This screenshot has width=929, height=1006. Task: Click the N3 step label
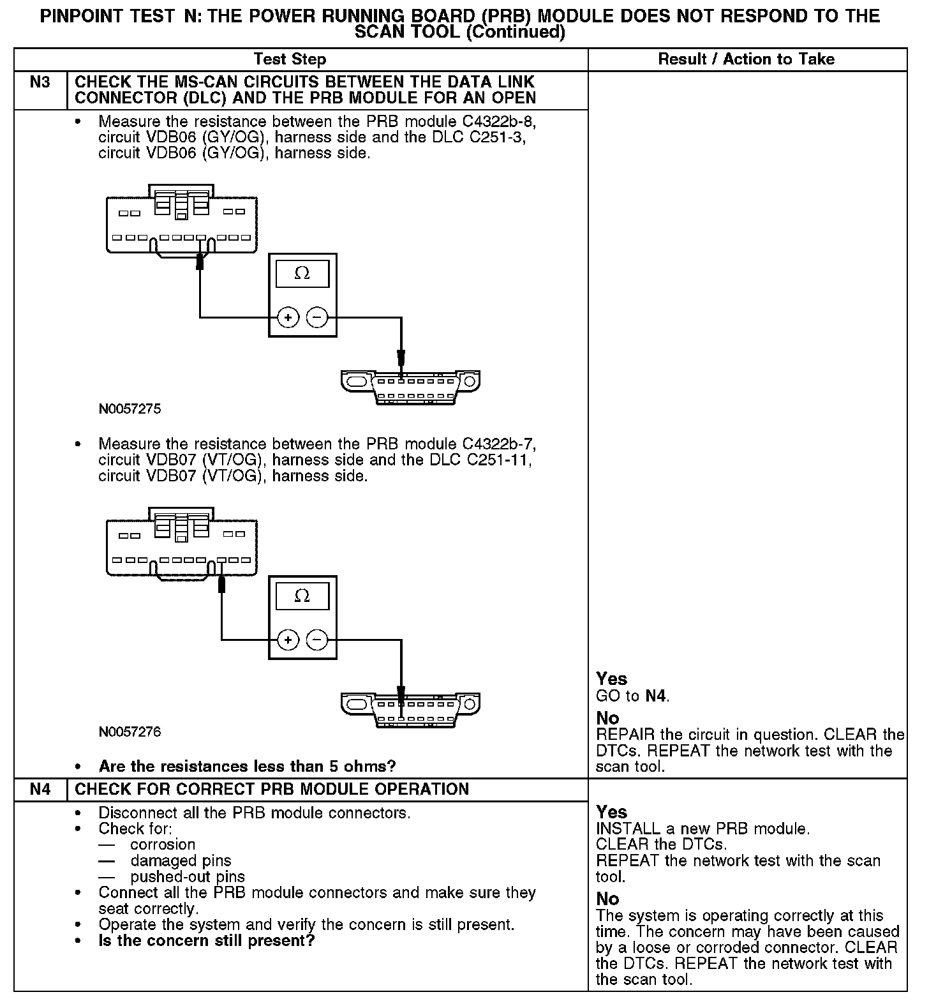[40, 82]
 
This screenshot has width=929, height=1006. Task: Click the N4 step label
[40, 789]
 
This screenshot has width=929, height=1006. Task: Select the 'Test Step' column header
[290, 59]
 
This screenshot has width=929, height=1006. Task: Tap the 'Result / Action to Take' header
[746, 59]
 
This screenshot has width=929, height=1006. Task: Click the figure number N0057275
[130, 409]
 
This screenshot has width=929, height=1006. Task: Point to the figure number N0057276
[130, 732]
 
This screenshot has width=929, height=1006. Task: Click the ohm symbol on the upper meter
[302, 274]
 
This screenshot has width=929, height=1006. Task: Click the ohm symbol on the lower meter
[302, 596]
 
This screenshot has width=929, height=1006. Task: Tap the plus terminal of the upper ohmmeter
[288, 317]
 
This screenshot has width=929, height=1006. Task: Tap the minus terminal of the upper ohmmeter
[317, 317]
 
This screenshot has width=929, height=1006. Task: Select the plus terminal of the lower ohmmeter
[288, 640]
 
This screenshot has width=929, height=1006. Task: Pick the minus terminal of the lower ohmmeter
[317, 640]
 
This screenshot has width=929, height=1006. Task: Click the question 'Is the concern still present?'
[207, 940]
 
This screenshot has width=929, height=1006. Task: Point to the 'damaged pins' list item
[181, 860]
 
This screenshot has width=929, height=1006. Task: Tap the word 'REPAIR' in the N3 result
[623, 734]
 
